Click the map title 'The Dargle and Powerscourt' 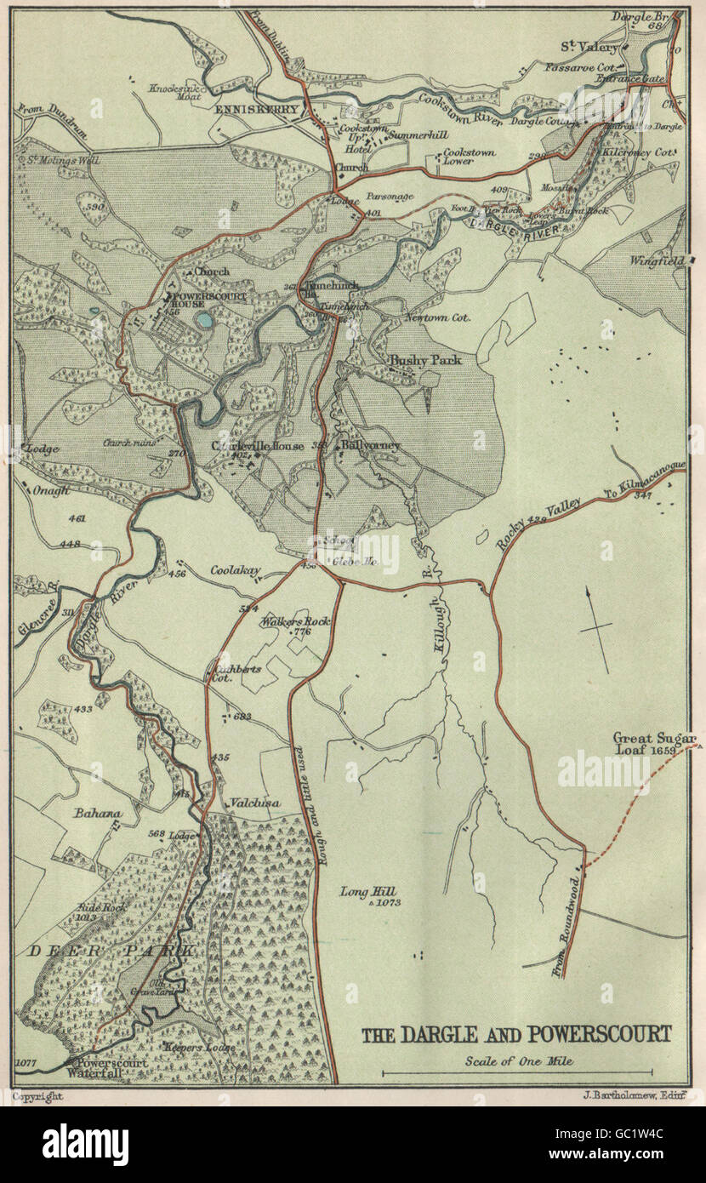click(x=516, y=1035)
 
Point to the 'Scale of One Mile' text click(x=518, y=1060)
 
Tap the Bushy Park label click(x=425, y=360)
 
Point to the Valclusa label click(x=254, y=802)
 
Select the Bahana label click(x=96, y=814)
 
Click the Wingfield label click(x=657, y=260)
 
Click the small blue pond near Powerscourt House click(x=204, y=321)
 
